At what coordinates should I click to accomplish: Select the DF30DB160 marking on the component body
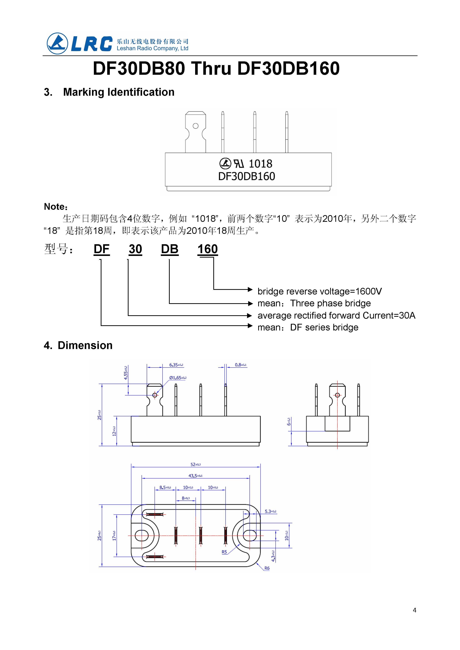coord(247,176)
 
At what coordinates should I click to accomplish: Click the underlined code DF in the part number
coord(101,249)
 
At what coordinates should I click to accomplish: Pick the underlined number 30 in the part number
coord(135,249)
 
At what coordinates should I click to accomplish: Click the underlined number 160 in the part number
coord(207,249)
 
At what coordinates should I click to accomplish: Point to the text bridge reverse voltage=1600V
coord(320,292)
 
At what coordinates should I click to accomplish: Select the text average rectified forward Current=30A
coord(336,315)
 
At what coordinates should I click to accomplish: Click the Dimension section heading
coord(85,345)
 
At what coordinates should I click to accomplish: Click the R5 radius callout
coord(224,552)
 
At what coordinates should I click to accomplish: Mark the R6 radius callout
coord(267,568)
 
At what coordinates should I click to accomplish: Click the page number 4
coord(414,610)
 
